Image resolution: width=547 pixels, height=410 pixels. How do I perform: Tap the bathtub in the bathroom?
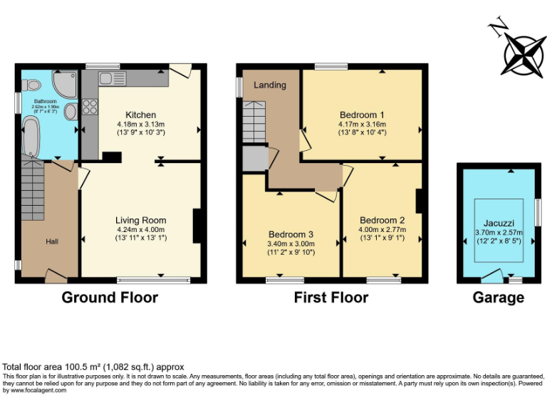(31, 137)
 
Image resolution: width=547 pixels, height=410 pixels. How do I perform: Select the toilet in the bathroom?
(31, 85)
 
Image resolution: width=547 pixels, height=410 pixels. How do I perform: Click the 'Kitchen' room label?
(141, 115)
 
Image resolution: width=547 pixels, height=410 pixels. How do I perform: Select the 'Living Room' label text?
(141, 220)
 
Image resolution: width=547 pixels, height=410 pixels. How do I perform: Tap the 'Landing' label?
(270, 85)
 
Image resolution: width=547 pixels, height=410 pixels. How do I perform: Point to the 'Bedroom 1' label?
(362, 115)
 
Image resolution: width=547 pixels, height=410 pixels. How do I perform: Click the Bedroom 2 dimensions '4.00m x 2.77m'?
(382, 230)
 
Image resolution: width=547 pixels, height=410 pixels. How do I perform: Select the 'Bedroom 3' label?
(291, 234)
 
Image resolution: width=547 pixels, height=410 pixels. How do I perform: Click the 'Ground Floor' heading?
(110, 297)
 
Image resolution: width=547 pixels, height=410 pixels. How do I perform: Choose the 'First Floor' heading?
(331, 297)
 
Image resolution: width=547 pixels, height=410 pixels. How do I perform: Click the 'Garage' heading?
(499, 298)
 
